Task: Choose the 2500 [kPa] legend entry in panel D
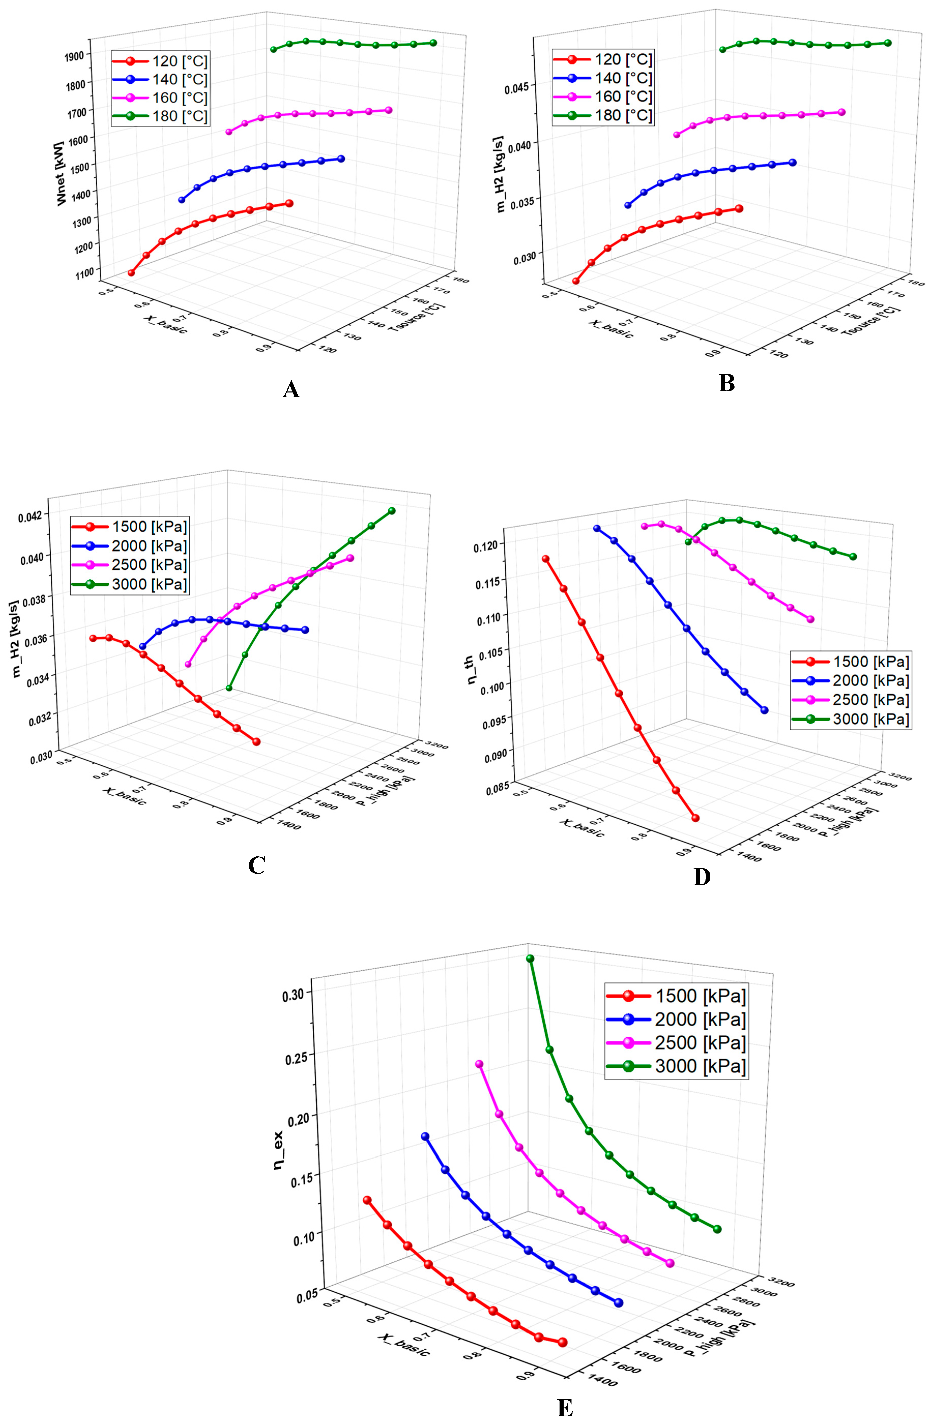coord(850,700)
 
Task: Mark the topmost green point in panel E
coord(530,958)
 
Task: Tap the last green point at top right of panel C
coord(391,510)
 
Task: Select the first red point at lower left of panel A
coord(131,273)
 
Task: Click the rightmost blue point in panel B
coord(793,162)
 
